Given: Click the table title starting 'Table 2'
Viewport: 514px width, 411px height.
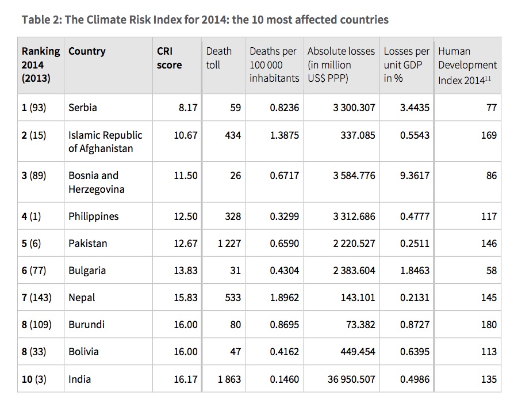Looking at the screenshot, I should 205,20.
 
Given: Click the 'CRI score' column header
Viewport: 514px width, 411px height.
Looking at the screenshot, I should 169,58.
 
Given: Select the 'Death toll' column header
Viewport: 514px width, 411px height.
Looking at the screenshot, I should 218,58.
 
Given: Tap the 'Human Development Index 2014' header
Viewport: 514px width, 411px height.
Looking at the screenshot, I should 467,64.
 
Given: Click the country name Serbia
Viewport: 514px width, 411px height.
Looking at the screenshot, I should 83,108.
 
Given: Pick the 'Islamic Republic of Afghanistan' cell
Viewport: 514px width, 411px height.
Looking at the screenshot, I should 105,142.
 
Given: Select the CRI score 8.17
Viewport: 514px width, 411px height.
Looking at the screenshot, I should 186,108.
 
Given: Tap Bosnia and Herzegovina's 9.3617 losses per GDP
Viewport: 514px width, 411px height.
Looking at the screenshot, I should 415,176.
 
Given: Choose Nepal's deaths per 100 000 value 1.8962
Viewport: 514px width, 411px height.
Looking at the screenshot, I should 285,298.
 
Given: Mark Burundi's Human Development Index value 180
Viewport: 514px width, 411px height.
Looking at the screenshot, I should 489,325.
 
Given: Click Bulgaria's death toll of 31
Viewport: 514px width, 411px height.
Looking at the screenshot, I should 235,271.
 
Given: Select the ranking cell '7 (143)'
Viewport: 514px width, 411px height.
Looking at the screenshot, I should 37,298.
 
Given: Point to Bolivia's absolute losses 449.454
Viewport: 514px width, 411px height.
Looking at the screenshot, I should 355,352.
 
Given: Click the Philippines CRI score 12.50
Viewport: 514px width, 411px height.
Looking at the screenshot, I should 185,216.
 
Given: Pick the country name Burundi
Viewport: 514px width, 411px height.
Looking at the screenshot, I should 86,325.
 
